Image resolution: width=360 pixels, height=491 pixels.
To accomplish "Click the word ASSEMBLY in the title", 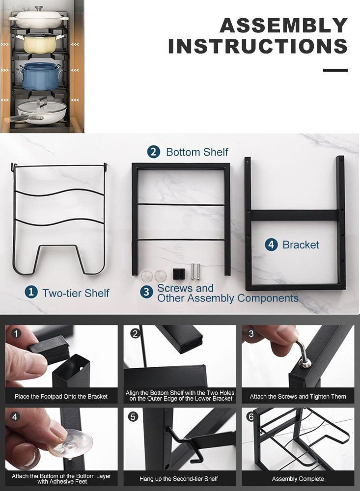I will pos(283,26).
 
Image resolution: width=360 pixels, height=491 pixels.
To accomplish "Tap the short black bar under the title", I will pos(335,70).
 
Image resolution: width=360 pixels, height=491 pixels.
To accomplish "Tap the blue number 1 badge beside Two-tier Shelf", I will pos(31,292).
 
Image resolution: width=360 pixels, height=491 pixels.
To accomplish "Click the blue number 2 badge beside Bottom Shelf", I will pos(154,152).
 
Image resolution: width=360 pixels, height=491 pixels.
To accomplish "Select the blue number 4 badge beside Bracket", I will pos(271,245).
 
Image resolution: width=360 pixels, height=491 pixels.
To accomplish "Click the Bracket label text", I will pos(301,245).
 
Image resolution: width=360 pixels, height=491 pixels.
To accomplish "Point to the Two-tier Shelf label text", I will pos(76,293).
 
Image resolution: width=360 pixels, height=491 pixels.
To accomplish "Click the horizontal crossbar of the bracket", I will pos(295,215).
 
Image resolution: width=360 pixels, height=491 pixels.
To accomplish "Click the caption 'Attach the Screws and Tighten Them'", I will pos(298,396).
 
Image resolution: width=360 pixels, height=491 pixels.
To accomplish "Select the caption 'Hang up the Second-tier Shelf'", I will pos(179,478).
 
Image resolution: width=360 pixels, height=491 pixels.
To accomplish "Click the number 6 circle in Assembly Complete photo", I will pos(251,416).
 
